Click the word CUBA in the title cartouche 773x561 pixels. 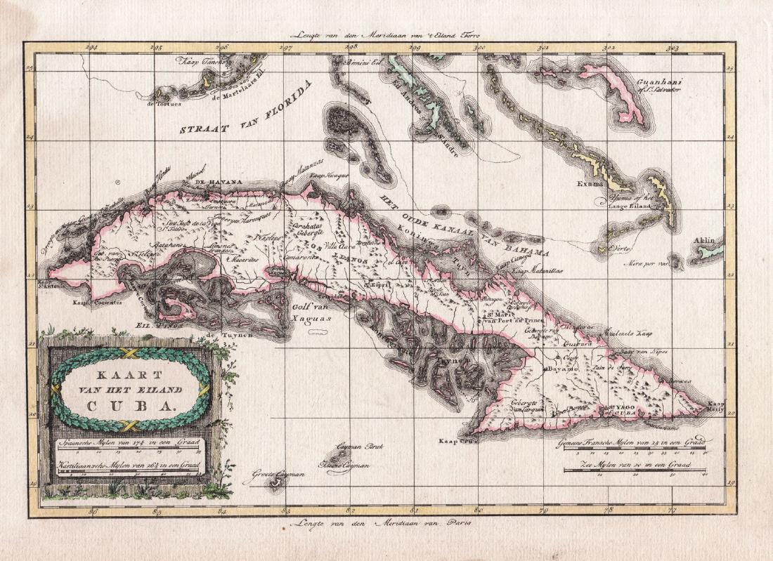pos(131,405)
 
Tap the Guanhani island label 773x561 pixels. pos(661,87)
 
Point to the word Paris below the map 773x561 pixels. pos(458,524)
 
